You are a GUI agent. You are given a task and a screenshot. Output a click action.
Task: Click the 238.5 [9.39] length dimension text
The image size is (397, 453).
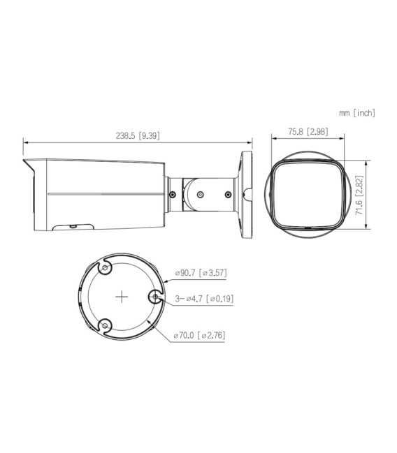point(138,136)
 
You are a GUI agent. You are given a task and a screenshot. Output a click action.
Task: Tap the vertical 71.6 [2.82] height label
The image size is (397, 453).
point(359,195)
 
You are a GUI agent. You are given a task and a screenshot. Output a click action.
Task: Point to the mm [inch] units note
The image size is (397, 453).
point(357,113)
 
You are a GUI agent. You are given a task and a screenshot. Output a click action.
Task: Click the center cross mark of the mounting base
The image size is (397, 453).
point(122,297)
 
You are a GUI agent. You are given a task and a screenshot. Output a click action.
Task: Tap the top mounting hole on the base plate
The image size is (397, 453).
point(105,268)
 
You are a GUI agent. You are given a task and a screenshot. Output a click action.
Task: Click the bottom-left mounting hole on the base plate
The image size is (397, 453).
point(105,325)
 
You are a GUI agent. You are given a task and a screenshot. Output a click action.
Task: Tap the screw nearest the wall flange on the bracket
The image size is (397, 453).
point(229,195)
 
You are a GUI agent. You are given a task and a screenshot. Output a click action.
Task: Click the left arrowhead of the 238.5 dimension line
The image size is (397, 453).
point(27,143)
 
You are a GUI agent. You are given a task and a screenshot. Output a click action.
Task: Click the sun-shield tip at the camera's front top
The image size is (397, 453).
point(26,161)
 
